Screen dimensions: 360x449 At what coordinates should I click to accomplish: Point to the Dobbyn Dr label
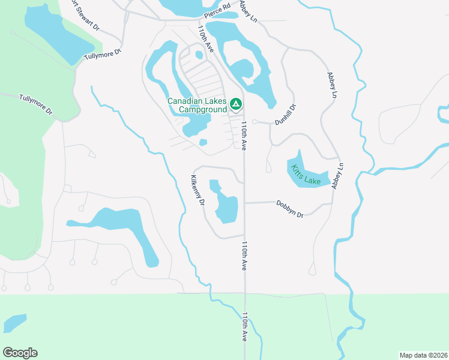[x=290, y=208]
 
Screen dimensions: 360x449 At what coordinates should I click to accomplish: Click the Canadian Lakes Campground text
[x=197, y=105]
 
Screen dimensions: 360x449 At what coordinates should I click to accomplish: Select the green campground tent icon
[x=236, y=105]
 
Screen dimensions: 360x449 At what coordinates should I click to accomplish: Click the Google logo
[x=20, y=352]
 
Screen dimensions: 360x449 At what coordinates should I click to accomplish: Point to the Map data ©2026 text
[x=423, y=355]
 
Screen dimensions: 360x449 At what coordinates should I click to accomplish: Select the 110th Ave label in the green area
[x=246, y=327]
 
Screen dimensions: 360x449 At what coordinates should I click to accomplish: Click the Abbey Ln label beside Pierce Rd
[x=247, y=11]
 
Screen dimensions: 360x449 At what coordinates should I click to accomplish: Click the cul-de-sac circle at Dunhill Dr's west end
[x=255, y=122]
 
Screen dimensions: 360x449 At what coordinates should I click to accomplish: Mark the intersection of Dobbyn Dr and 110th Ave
[x=244, y=202]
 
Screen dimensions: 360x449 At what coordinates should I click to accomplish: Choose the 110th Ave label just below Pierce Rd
[x=205, y=38]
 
